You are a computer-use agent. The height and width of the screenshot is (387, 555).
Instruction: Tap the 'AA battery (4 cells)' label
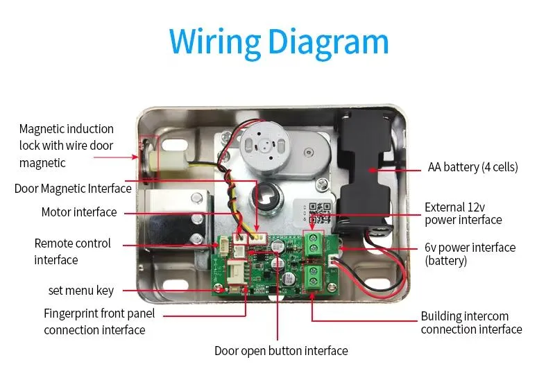472,167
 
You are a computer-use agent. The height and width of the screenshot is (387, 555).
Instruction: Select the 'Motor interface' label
79,212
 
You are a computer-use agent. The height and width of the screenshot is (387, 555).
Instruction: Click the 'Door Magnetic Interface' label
73,189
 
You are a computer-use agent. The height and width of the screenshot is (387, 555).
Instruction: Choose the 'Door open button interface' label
281,351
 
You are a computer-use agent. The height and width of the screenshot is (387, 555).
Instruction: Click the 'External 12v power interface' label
463,213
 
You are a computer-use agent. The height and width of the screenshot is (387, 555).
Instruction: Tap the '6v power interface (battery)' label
470,254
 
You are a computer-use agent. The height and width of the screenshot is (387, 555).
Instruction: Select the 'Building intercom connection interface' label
471,322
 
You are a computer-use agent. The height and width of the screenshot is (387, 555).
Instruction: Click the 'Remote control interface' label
72,252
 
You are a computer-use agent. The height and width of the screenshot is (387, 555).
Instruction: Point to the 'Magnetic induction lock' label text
66,146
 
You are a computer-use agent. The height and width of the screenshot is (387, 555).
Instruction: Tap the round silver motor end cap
263,146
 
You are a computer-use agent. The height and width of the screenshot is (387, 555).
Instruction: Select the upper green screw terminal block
313,243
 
